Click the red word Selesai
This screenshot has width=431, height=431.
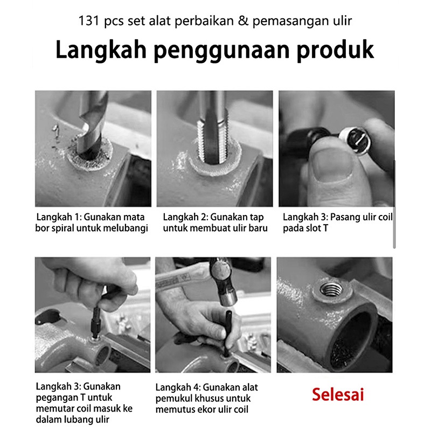[x=338, y=395]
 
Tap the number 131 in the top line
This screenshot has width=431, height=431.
[x=89, y=21]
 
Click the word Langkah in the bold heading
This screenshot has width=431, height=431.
[x=101, y=50]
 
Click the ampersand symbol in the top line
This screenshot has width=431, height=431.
[x=243, y=21]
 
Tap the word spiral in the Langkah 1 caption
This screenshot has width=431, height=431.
[x=62, y=228]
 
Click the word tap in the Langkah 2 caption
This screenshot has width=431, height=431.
[x=257, y=218]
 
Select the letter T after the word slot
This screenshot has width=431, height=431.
[x=325, y=228]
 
